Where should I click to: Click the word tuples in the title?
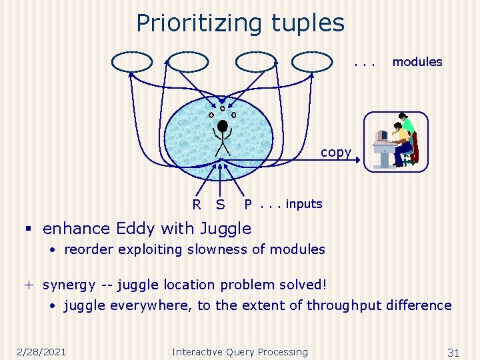click(308, 23)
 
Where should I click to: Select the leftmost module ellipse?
click(132, 62)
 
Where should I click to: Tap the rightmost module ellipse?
click(311, 62)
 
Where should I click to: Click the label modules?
click(417, 62)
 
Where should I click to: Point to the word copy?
click(335, 152)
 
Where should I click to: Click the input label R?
click(197, 205)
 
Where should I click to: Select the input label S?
click(220, 205)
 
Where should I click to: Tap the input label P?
click(248, 205)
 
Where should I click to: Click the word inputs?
click(304, 204)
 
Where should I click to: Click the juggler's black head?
click(223, 125)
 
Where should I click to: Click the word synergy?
click(69, 285)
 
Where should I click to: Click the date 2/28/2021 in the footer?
click(43, 352)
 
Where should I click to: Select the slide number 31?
click(453, 352)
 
